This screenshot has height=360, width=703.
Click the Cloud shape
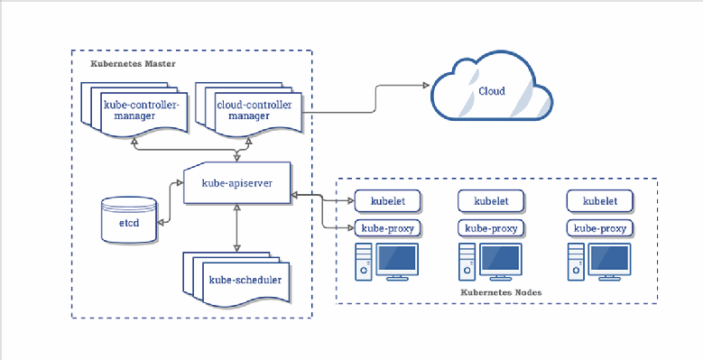(492, 90)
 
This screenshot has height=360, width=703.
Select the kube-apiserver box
(236, 183)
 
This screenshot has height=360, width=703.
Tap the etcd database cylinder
(127, 219)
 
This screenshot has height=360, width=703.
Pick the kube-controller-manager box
(142, 111)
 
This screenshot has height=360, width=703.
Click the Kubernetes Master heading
(133, 65)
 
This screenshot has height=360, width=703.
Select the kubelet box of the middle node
(491, 201)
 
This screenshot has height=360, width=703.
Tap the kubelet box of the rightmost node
(600, 201)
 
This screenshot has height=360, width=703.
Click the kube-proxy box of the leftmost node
(385, 228)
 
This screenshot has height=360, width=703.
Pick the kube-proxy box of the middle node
(491, 228)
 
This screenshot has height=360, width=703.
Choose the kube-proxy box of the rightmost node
(600, 228)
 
